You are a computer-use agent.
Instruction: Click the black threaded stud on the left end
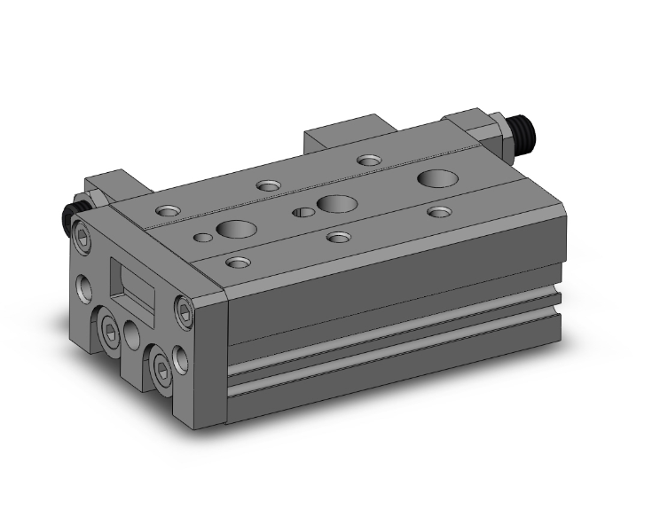pos(68,217)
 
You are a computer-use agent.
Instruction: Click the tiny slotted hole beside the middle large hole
pos(304,212)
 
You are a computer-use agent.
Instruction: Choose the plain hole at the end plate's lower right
pos(183,358)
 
